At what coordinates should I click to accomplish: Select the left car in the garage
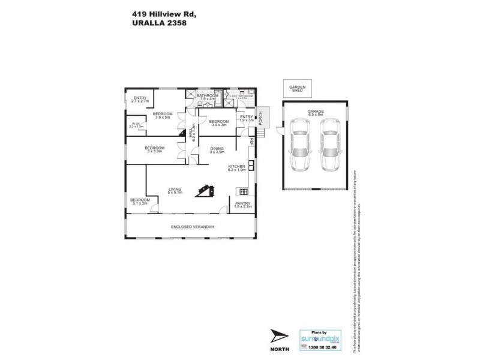point(298,146)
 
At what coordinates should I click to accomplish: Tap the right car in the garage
point(329,146)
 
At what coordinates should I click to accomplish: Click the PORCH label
point(260,117)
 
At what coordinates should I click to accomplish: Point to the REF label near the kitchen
point(252,142)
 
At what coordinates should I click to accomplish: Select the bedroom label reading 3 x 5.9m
point(155,149)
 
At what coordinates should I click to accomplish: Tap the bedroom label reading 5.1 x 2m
point(140,202)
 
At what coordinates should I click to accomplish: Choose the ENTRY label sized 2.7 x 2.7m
point(140,100)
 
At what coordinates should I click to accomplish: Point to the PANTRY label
point(243,205)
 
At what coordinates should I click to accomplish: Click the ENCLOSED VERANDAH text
point(192,226)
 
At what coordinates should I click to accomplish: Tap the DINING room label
point(216,150)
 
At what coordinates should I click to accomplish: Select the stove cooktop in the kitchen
point(244,192)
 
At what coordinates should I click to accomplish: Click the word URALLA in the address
point(143,24)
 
